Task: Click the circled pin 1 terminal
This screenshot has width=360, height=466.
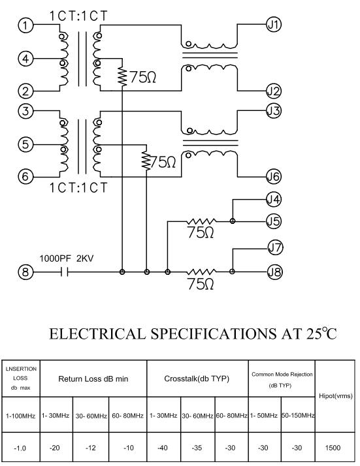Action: point(25,25)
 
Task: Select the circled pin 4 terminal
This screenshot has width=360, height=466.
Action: point(25,58)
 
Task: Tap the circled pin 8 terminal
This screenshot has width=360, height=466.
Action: point(25,272)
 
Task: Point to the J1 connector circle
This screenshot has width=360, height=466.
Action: point(273,24)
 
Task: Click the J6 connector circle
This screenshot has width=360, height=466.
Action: point(273,176)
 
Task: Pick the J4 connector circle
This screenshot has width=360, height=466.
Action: point(273,200)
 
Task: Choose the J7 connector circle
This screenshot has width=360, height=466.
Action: point(275,247)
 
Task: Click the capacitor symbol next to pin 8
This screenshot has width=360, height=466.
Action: point(64,272)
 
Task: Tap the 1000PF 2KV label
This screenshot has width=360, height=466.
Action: point(67,258)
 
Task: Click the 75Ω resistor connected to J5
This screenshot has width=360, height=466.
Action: point(201,221)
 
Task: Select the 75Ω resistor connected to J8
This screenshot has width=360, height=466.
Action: point(201,272)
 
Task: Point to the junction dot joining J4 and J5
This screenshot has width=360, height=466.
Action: point(233,221)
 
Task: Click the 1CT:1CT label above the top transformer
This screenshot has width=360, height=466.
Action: point(78,16)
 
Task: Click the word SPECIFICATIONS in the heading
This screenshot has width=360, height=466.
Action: point(214,334)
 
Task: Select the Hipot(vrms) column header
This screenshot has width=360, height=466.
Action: point(335,396)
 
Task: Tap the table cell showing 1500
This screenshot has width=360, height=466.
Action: point(333,448)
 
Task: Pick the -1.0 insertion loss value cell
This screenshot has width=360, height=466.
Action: point(20,448)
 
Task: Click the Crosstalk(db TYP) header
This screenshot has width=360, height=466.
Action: point(197,379)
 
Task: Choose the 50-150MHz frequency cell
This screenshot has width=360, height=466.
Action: point(298,415)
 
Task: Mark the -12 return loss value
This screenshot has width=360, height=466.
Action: point(90,448)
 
